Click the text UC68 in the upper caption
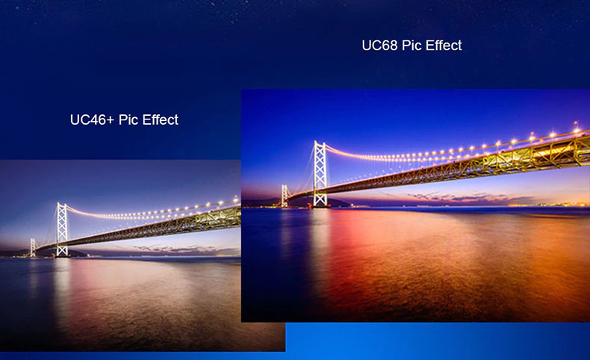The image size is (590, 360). click(x=379, y=45)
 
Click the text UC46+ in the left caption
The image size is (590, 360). click(x=92, y=120)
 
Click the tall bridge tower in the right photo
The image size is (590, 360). click(x=320, y=174)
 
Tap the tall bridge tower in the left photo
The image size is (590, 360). click(x=62, y=230)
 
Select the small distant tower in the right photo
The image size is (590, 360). click(x=285, y=196)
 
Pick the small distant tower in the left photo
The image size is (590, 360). click(x=33, y=247)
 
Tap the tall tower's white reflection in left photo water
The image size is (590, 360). click(x=63, y=286)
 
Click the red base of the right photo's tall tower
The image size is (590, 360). click(x=320, y=205)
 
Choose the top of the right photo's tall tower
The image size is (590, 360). click(x=320, y=142)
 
